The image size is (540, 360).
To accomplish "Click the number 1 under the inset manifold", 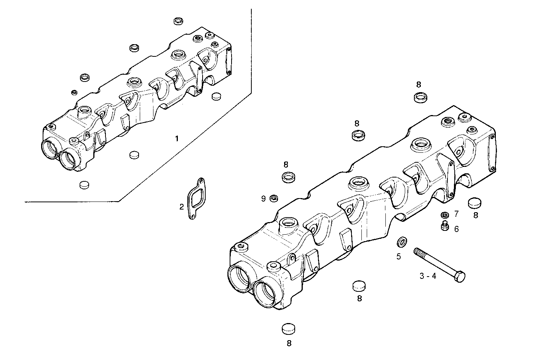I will coord(176,139).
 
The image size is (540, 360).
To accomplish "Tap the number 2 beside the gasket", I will coord(182,207).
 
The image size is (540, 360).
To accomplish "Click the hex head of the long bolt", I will coord(460,277).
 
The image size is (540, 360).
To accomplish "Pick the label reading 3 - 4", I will coord(428,276).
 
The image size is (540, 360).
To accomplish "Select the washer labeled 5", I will coord(401,242).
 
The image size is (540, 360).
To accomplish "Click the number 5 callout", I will coord(398,256).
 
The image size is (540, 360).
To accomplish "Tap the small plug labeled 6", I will coord(444,226).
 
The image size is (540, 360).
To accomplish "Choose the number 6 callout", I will coord(456,229).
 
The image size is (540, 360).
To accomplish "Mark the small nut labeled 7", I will coord(444,215).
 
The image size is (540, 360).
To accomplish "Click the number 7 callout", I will coord(456,214).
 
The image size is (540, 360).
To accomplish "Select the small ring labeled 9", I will coord(273,198).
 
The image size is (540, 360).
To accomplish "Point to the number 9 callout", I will coord(263,198).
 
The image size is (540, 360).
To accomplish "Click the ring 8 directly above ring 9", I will coord(289,177).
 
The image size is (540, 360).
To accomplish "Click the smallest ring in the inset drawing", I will coord(74,92).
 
